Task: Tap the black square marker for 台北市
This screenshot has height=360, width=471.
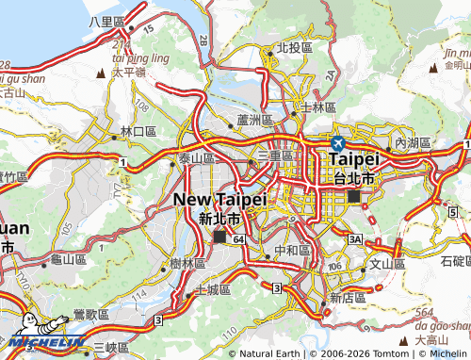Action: coord(353,196)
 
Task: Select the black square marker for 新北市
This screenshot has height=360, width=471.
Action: coord(219,237)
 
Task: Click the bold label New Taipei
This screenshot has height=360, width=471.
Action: coord(220,199)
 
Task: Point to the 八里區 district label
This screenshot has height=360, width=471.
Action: coord(106,21)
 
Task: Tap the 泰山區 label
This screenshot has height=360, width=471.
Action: coord(196,158)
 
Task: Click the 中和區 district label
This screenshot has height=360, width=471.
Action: coord(290,251)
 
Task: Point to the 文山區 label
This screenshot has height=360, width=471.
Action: coord(386,265)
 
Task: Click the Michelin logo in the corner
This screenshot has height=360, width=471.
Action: coord(42,343)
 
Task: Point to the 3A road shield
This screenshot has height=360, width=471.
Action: coord(355,241)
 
